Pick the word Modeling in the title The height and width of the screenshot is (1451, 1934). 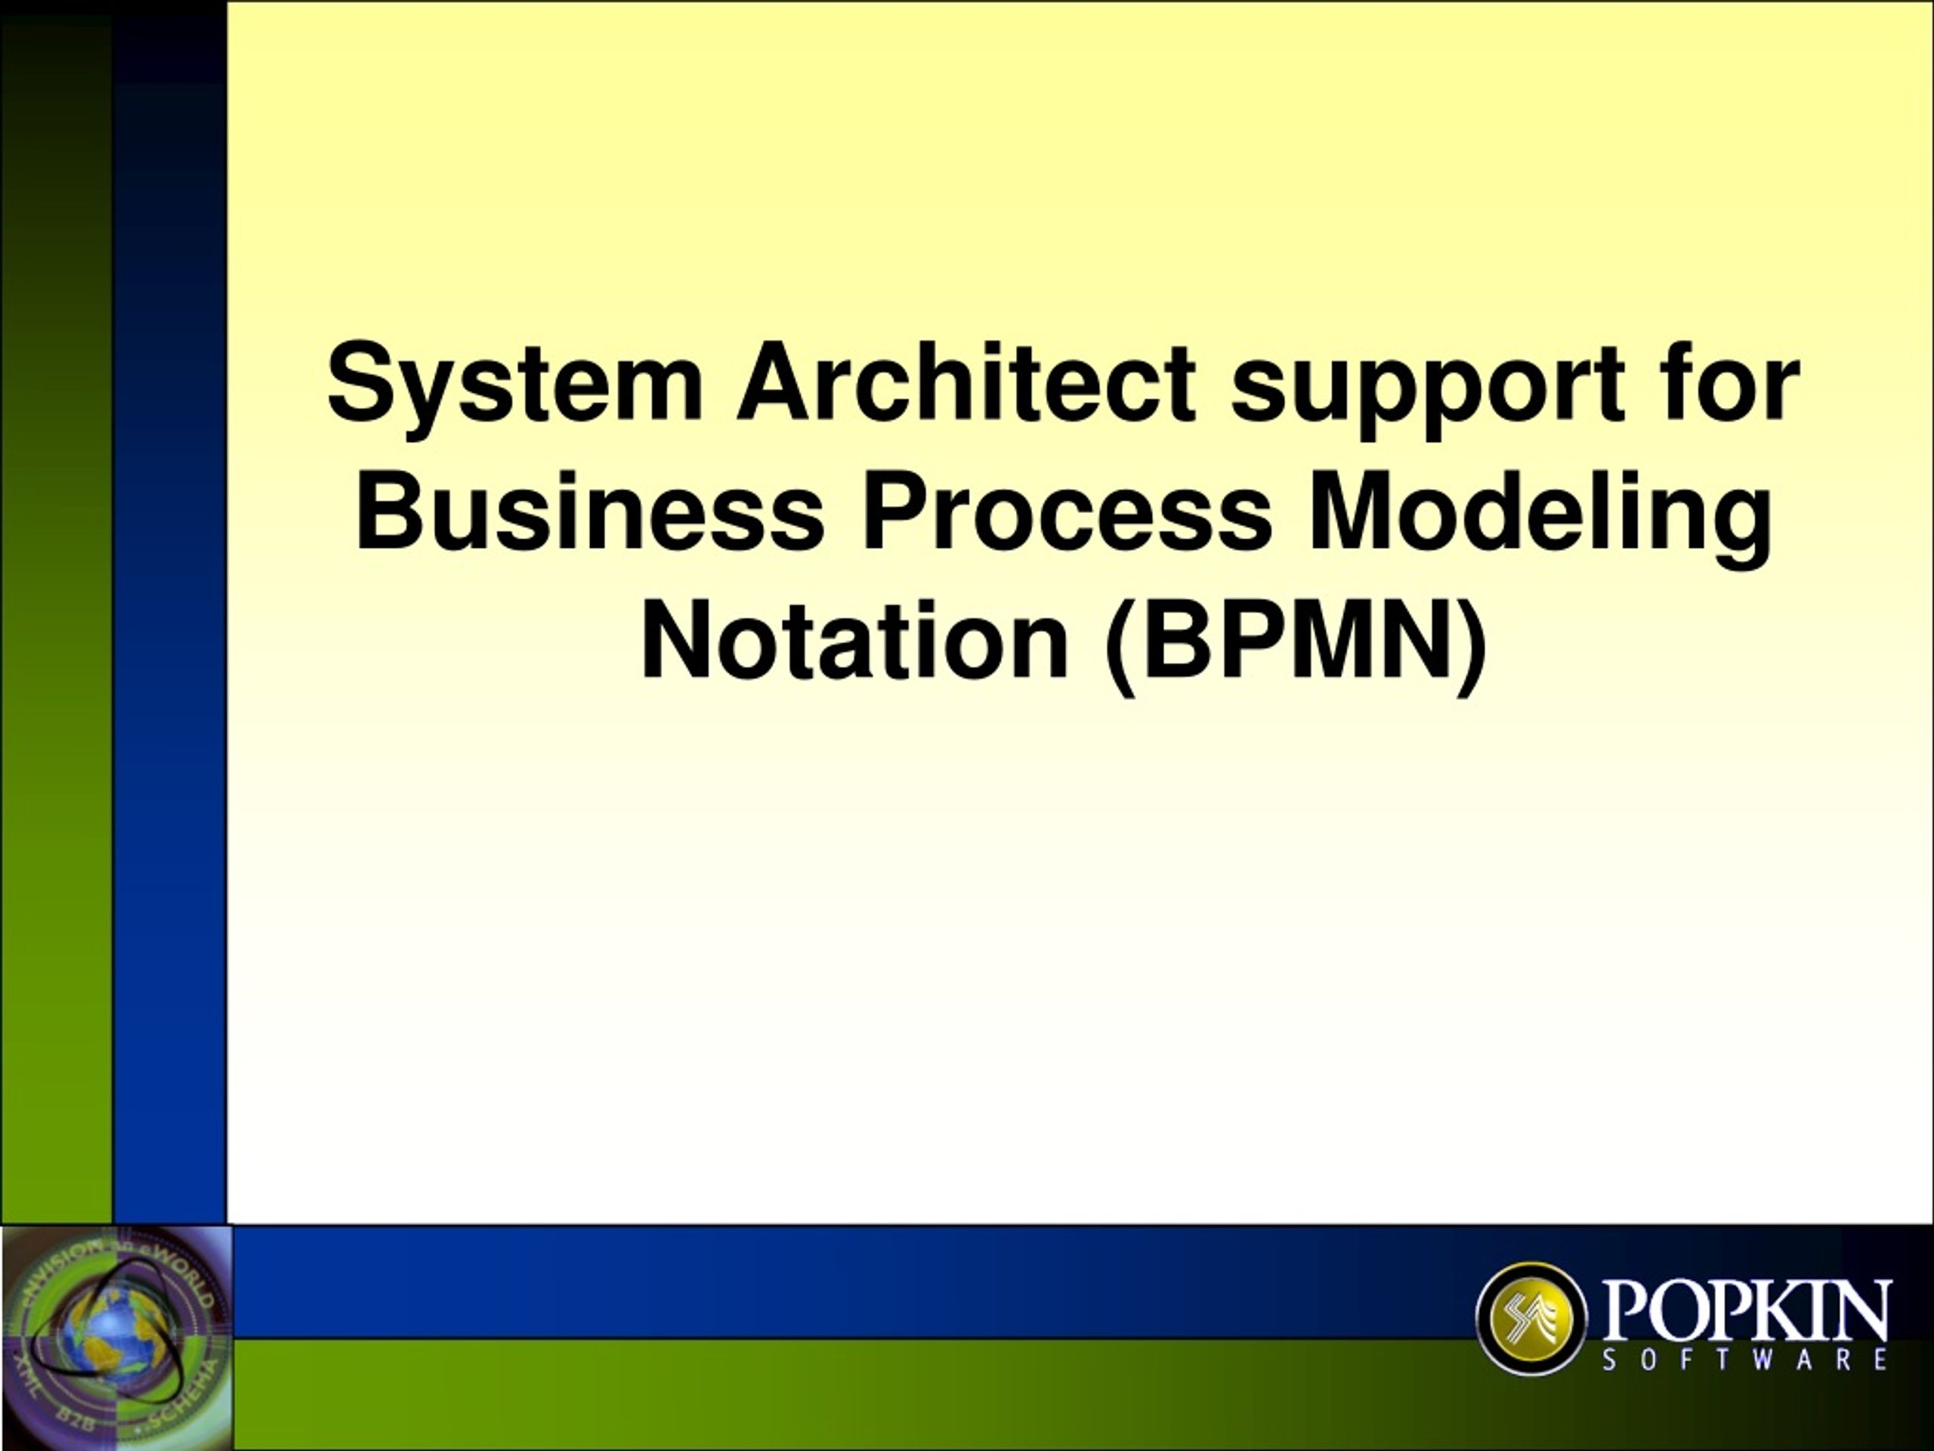click(x=1540, y=518)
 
